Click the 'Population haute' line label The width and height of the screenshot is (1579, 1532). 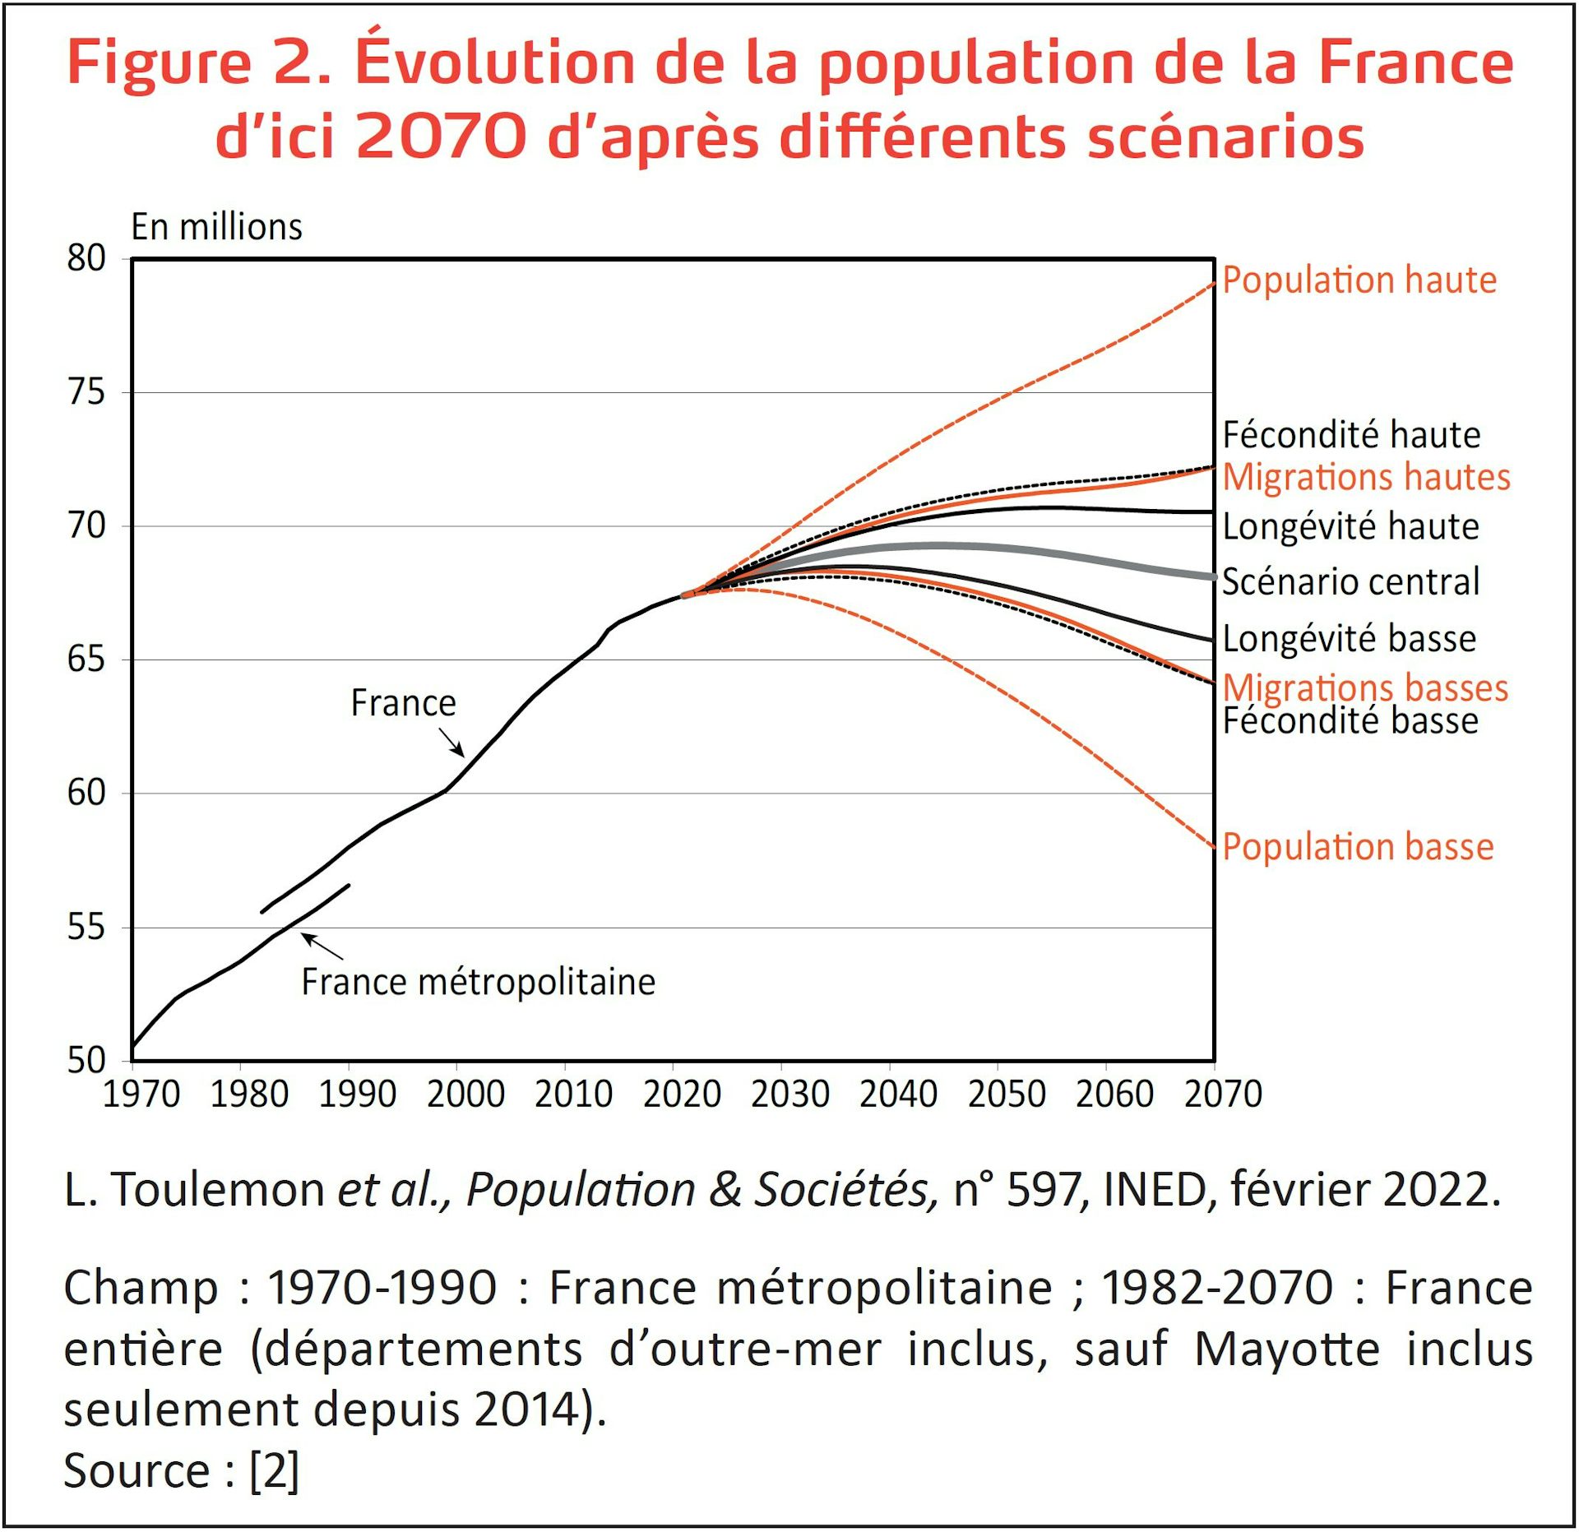click(x=1359, y=280)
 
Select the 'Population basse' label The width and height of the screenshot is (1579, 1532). click(x=1357, y=847)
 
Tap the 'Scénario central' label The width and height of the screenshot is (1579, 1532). click(x=1350, y=581)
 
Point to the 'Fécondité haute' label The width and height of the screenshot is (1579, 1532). click(x=1351, y=435)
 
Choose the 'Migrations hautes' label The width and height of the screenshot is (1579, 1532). click(x=1366, y=477)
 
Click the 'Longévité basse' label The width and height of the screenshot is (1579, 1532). click(x=1349, y=639)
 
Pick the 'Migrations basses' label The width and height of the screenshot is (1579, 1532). click(x=1365, y=687)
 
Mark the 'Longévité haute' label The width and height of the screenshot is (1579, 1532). click(x=1350, y=526)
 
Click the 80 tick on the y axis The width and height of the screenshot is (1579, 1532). click(x=86, y=258)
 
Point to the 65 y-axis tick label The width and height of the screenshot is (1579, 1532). click(x=86, y=660)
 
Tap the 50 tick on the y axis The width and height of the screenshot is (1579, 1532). click(x=86, y=1061)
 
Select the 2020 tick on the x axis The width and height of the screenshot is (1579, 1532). click(x=682, y=1095)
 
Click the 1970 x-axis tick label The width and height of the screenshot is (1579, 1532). click(x=141, y=1095)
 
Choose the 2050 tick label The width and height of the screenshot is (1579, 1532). click(x=1007, y=1095)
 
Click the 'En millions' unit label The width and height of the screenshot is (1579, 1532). click(x=216, y=227)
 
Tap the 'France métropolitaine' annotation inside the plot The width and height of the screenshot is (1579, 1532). click(x=479, y=982)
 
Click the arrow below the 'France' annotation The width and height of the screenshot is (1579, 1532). click(x=451, y=742)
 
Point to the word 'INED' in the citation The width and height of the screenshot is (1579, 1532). click(x=1155, y=1189)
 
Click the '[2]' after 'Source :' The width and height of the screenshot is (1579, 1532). click(x=274, y=1470)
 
